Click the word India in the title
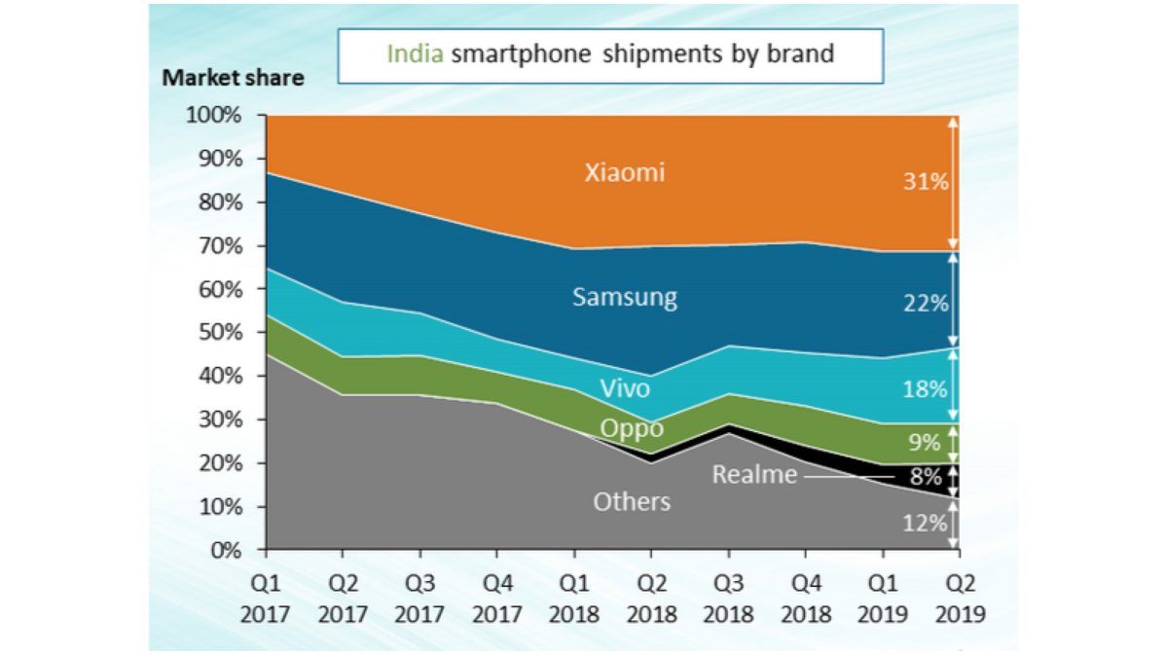(x=416, y=54)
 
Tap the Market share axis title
(x=233, y=79)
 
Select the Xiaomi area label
(x=625, y=173)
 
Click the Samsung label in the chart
(x=624, y=297)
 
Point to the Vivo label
(x=625, y=389)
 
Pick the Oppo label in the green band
(x=631, y=429)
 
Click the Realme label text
(x=754, y=475)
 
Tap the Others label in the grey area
(x=632, y=502)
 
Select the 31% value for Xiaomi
(x=924, y=181)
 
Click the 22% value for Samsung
(x=924, y=304)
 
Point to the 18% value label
(x=924, y=389)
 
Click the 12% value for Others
(x=924, y=523)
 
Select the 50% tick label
(x=219, y=333)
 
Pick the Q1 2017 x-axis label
(x=267, y=600)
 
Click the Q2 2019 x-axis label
(x=959, y=600)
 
